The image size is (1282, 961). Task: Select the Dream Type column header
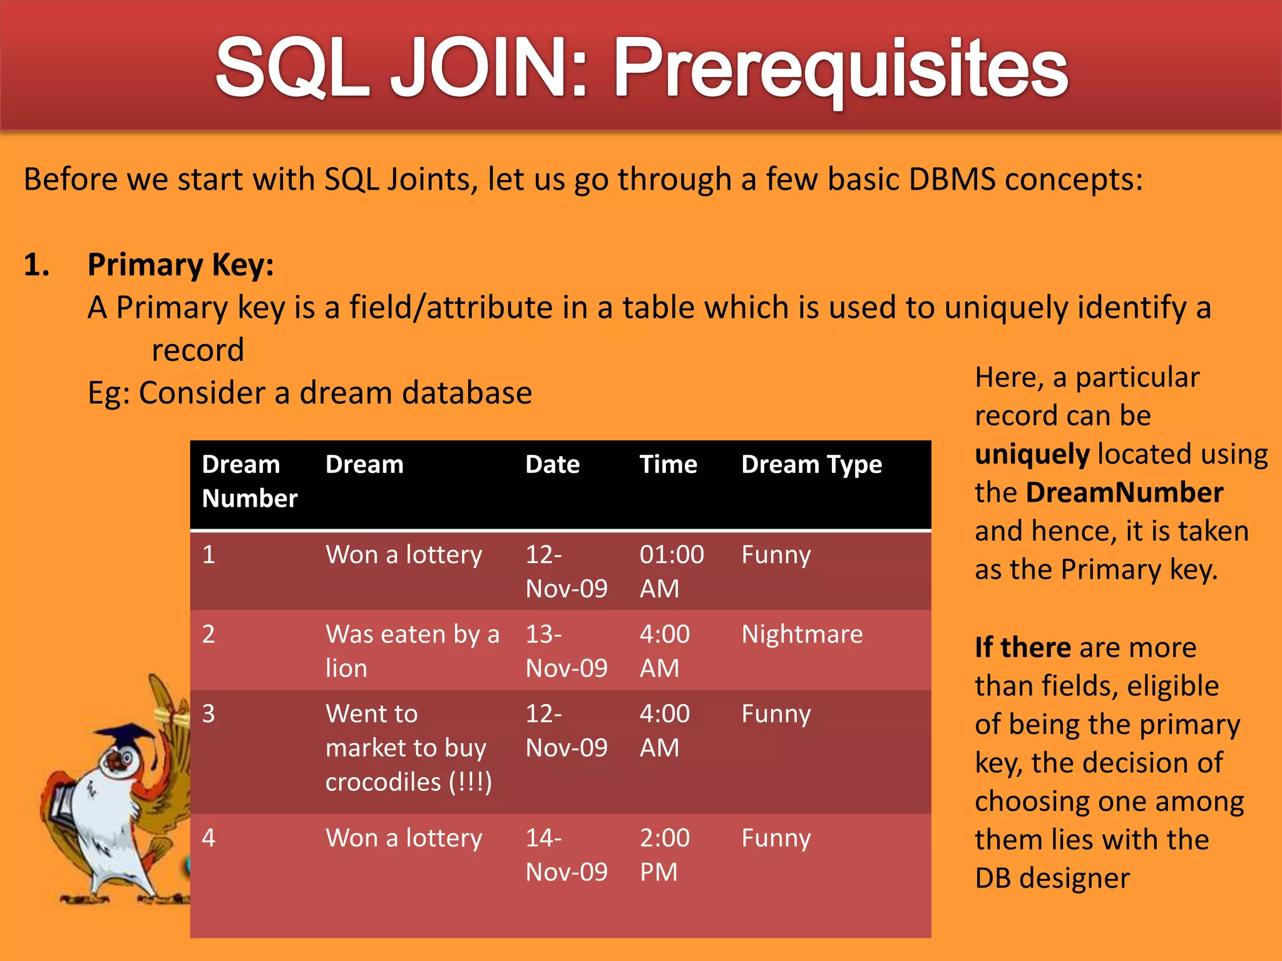811,465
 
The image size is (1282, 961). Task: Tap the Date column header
552,465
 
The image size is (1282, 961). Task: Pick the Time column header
668,465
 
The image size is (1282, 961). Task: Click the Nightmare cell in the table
802,634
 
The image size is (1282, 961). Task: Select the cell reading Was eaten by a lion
412,651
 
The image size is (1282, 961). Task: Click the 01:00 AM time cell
671,571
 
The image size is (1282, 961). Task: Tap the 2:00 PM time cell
664,855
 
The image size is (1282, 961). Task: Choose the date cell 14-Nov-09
566,855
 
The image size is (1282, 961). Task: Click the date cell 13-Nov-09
566,651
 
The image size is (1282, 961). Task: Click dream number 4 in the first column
209,838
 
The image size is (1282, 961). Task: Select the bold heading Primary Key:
180,265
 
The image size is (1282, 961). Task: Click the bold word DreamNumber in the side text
1124,493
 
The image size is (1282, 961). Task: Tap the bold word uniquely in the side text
1032,454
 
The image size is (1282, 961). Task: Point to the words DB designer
1052,878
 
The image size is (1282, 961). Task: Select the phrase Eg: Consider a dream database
310,394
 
